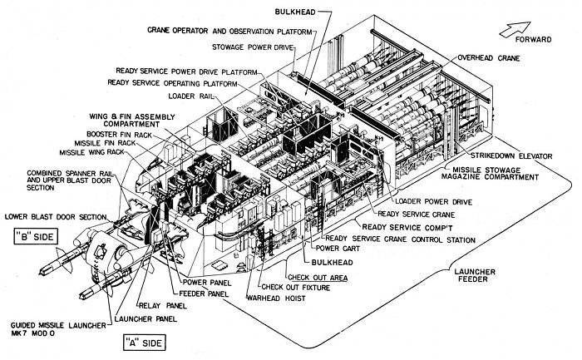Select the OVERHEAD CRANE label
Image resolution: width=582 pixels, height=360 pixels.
coord(488,59)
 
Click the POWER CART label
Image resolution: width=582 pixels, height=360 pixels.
coord(333,248)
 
